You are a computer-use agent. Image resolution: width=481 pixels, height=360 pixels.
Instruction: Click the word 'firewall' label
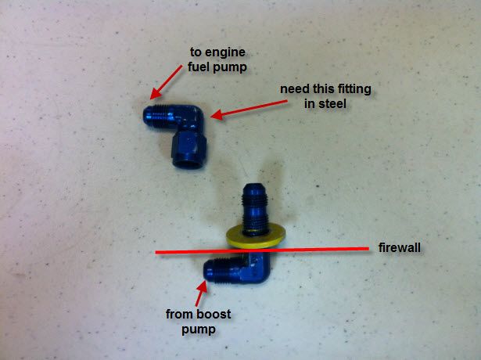click(x=400, y=247)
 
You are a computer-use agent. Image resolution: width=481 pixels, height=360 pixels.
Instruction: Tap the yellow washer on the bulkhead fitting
click(x=256, y=237)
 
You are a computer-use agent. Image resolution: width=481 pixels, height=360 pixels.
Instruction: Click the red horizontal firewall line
click(x=262, y=250)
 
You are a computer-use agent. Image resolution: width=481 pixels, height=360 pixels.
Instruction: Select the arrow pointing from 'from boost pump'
click(x=202, y=293)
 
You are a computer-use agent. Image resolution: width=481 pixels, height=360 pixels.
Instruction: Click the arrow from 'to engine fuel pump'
click(x=166, y=82)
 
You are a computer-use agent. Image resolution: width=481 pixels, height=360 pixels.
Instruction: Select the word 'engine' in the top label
click(x=225, y=52)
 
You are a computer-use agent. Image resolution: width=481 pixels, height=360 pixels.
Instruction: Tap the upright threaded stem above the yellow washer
click(x=254, y=209)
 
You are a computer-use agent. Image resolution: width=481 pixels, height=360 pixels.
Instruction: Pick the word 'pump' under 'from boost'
click(x=199, y=330)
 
